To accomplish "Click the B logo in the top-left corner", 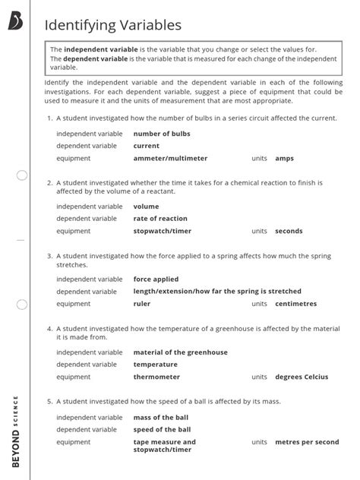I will click(16, 23).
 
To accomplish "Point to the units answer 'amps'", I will click(284, 159).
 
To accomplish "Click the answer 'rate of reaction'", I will click(160, 219).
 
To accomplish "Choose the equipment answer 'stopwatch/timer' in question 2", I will click(162, 231).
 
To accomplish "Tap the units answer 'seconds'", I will click(289, 231).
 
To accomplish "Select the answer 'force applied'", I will click(156, 279).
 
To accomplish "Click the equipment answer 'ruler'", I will click(142, 304).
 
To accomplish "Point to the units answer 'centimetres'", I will click(295, 304).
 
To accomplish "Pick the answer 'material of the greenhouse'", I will click(180, 352).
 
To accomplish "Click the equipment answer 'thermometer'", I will click(156, 377).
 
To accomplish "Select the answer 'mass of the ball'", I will click(162, 418).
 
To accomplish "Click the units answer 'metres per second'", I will click(307, 442).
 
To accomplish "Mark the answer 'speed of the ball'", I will click(163, 430).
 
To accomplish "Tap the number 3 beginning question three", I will click(49, 256).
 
